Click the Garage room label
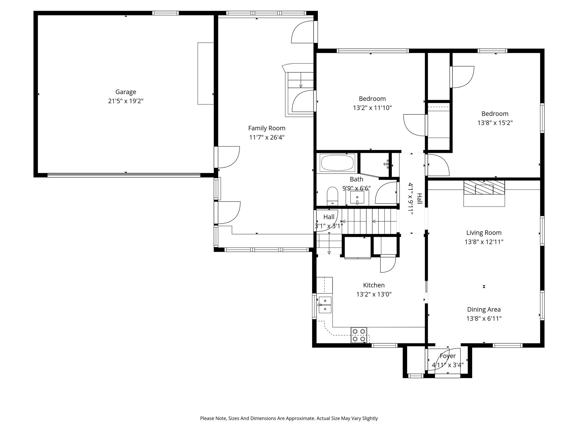pos(126,92)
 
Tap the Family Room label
pos(267,128)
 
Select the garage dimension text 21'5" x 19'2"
pos(126,101)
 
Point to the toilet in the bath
pos(332,195)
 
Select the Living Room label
pos(484,233)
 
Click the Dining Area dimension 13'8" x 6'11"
pos(484,319)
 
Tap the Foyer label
pos(448,356)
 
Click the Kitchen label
pos(374,285)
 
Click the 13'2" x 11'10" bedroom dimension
pos(372,108)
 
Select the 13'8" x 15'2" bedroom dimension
pos(495,123)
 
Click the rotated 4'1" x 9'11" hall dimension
pos(411,199)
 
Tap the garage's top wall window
pos(165,13)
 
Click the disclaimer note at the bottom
pos(289,418)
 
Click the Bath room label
pos(356,179)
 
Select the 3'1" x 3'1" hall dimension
pos(329,226)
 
